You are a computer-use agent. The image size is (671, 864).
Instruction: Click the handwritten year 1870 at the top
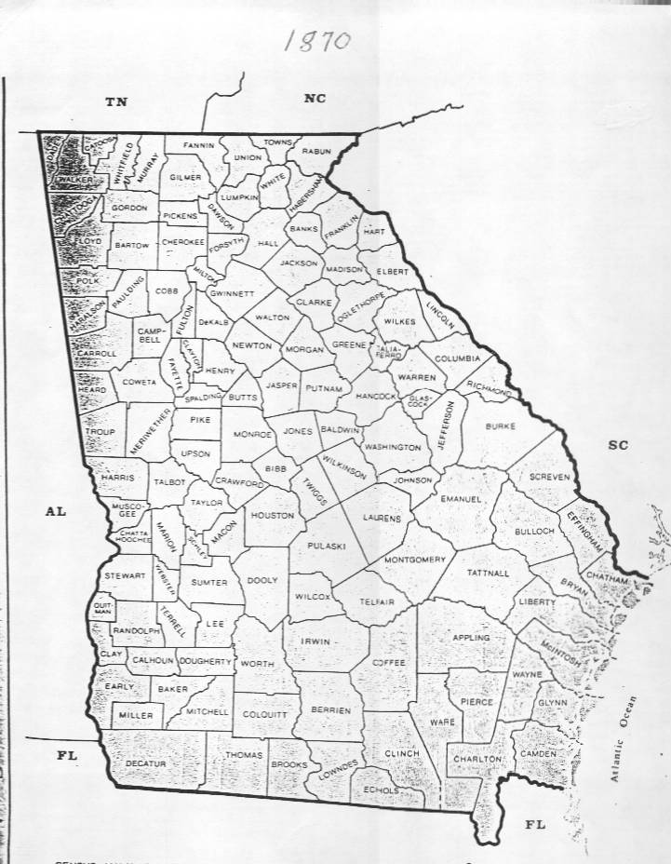pos(316,40)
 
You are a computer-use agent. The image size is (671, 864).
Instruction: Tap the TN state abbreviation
pos(115,102)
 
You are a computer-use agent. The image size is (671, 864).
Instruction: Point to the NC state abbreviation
pos(315,99)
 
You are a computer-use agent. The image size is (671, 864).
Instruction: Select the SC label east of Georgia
pos(618,445)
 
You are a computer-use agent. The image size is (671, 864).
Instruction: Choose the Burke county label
pos(500,425)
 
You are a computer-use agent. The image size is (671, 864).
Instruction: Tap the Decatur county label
pos(145,763)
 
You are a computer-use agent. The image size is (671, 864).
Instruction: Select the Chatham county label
pos(609,579)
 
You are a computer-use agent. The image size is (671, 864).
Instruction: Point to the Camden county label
pos(540,751)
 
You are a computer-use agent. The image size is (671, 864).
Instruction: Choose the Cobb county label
pos(167,290)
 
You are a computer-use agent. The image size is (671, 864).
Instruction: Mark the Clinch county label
pos(402,752)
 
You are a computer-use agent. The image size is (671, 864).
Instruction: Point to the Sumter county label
pos(209,583)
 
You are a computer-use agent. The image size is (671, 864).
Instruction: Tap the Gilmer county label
pos(186,176)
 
